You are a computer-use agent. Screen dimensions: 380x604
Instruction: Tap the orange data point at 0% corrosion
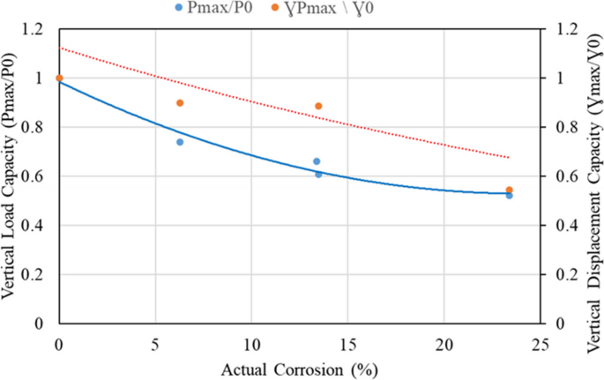[x=59, y=78]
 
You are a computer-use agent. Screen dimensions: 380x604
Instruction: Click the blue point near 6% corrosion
[x=180, y=142]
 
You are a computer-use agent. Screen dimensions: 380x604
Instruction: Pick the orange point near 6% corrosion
[x=180, y=103]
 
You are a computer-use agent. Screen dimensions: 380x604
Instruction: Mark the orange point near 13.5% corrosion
[x=318, y=107]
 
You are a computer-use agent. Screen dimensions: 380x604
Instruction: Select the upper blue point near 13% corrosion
[x=317, y=161]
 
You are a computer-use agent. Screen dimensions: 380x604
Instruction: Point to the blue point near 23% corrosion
[x=509, y=196]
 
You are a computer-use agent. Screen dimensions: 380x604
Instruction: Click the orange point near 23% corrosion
[x=510, y=190]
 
